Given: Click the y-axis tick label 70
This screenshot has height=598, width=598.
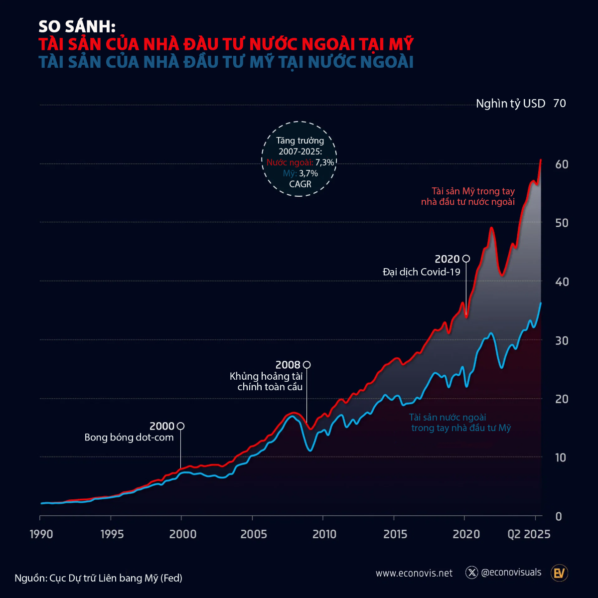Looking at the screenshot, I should point(559,103).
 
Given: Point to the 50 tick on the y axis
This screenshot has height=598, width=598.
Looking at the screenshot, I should point(561,223).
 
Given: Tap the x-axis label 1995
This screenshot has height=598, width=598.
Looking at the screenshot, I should point(112,534).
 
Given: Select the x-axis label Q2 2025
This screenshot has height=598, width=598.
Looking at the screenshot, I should point(529,534).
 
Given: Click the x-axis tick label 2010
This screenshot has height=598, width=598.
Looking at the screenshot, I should point(324,534).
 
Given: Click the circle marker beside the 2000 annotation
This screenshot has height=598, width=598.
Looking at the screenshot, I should point(181,426).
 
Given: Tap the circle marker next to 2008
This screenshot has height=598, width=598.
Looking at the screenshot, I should point(307,365).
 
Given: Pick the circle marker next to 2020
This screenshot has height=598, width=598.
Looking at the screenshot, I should point(466,259).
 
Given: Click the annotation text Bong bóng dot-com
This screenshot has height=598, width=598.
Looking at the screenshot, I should point(129,438).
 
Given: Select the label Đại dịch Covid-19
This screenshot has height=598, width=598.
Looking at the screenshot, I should point(422,272).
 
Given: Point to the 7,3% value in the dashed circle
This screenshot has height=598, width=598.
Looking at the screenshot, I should point(325,162).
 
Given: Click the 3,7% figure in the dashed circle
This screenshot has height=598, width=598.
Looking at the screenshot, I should point(308,173).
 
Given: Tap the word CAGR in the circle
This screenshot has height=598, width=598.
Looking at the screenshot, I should point(300,184).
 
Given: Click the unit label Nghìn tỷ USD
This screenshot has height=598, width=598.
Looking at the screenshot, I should point(510,104).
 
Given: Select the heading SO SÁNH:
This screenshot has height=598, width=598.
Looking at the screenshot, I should point(77,26).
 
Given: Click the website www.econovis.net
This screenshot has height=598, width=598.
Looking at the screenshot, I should point(414,573).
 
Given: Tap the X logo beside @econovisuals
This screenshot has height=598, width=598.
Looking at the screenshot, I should point(471,573).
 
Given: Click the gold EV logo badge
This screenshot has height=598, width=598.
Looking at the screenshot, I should point(559,573).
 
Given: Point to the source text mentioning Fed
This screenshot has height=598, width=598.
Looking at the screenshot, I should point(99,578).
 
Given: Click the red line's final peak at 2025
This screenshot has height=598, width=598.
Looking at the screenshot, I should point(541,160).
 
